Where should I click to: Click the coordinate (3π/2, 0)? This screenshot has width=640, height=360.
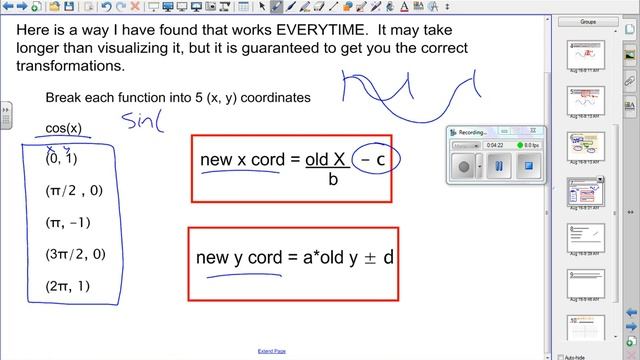[x=75, y=254]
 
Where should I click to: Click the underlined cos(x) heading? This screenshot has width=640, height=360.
[x=64, y=129]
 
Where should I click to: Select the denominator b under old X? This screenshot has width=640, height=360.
[x=332, y=181]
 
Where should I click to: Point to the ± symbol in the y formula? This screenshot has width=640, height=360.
[x=369, y=257]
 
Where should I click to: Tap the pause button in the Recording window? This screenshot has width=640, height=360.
[x=497, y=166]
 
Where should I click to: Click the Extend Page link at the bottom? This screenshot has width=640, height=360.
[x=272, y=351]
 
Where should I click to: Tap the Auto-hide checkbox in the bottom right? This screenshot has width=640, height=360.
[x=560, y=356]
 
